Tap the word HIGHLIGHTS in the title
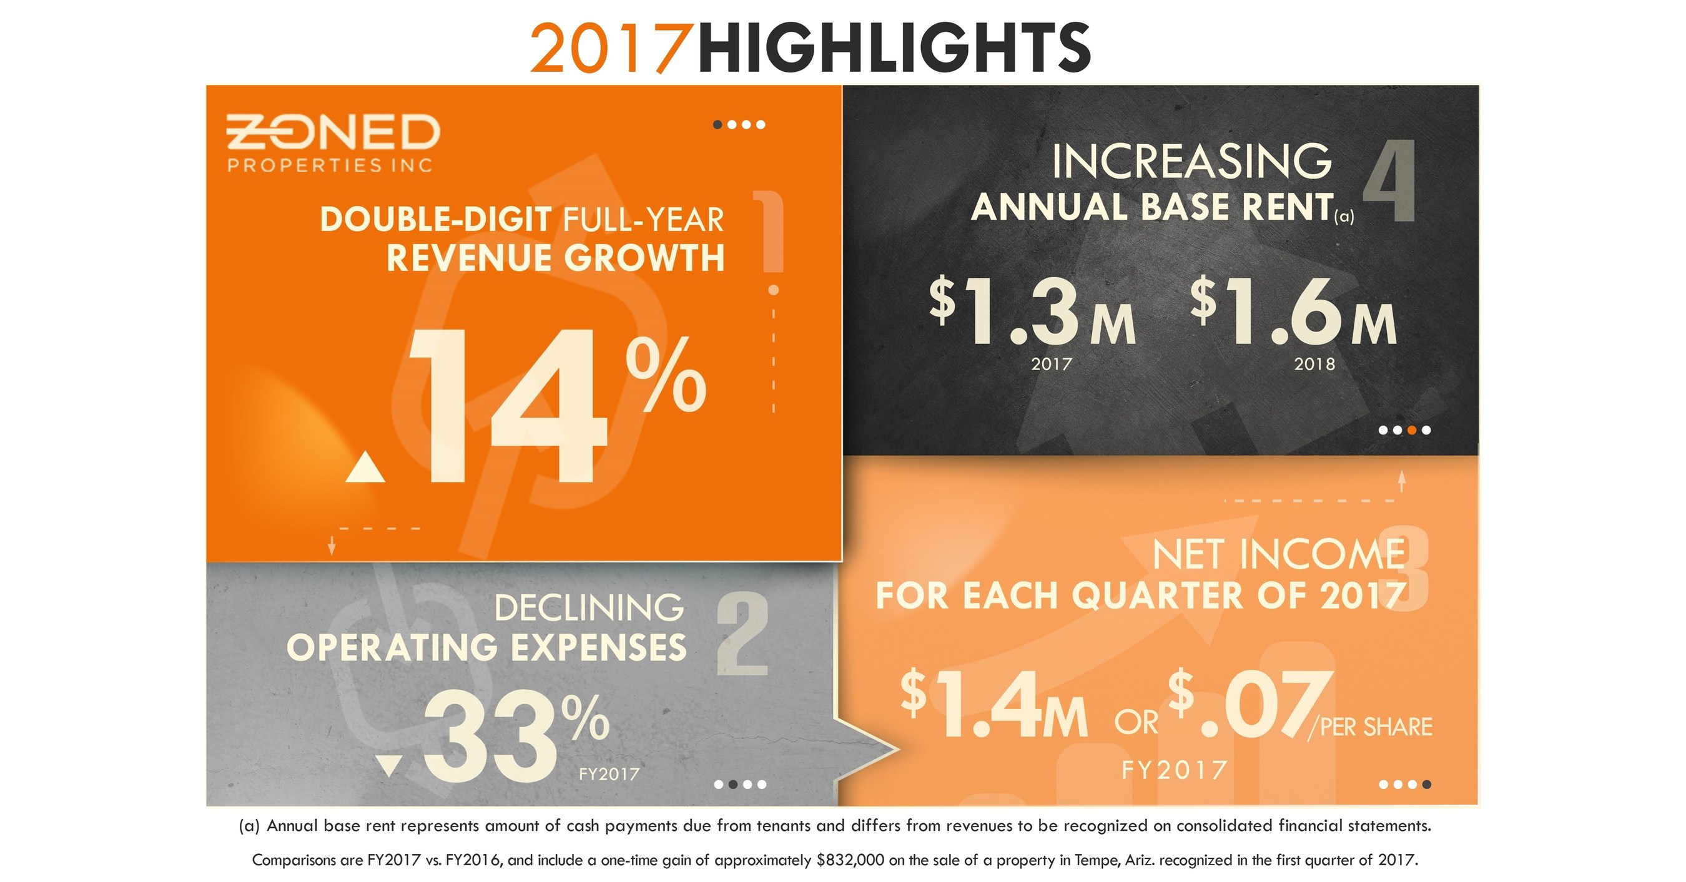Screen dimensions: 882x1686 (894, 49)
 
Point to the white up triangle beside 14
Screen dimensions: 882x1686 (365, 469)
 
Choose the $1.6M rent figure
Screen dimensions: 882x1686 (1293, 311)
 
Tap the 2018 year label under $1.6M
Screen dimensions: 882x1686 (1314, 365)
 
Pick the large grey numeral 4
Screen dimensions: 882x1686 (1389, 181)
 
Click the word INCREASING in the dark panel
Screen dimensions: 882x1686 (1191, 162)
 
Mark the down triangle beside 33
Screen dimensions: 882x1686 (390, 766)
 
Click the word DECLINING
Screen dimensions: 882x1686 (589, 609)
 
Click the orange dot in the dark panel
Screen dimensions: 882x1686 (1412, 430)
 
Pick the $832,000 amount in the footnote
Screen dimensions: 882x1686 (851, 860)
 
